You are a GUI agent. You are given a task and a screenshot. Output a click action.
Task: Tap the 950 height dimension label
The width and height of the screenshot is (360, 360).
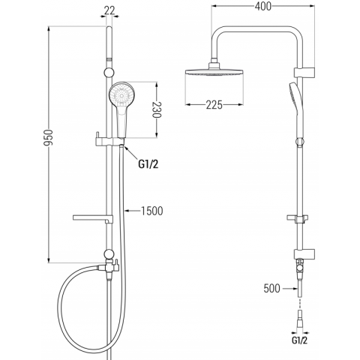48,137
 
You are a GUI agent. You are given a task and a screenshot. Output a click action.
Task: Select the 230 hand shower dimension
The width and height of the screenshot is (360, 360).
157,110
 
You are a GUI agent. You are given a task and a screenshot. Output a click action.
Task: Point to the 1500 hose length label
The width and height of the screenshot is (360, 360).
151,211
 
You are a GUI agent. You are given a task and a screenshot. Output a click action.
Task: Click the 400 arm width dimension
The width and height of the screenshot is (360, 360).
263,7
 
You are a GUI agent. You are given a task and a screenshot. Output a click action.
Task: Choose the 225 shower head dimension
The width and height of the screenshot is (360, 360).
214,105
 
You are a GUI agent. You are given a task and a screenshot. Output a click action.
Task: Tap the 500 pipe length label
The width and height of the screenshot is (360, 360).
272,289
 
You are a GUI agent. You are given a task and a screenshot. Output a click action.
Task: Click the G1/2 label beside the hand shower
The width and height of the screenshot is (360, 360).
148,164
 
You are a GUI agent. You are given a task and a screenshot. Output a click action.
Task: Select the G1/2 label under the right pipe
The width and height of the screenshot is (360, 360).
299,340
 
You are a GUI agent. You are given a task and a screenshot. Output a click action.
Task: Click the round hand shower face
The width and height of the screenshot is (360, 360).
122,95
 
